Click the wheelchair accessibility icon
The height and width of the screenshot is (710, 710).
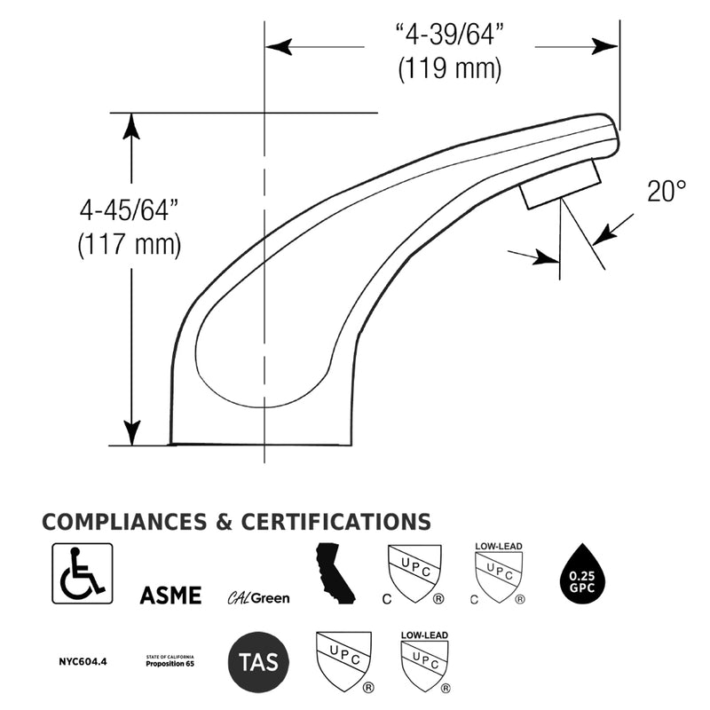click(83, 573)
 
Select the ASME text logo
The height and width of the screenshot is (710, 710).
click(170, 595)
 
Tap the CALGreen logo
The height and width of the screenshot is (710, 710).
click(258, 598)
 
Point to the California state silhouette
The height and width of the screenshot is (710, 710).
click(335, 573)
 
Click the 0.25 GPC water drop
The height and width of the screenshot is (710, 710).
click(582, 574)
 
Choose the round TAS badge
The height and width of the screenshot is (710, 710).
click(258, 662)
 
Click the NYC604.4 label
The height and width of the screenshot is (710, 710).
click(83, 661)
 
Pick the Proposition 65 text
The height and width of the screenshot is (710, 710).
click(170, 664)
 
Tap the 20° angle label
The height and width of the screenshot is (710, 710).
click(667, 191)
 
